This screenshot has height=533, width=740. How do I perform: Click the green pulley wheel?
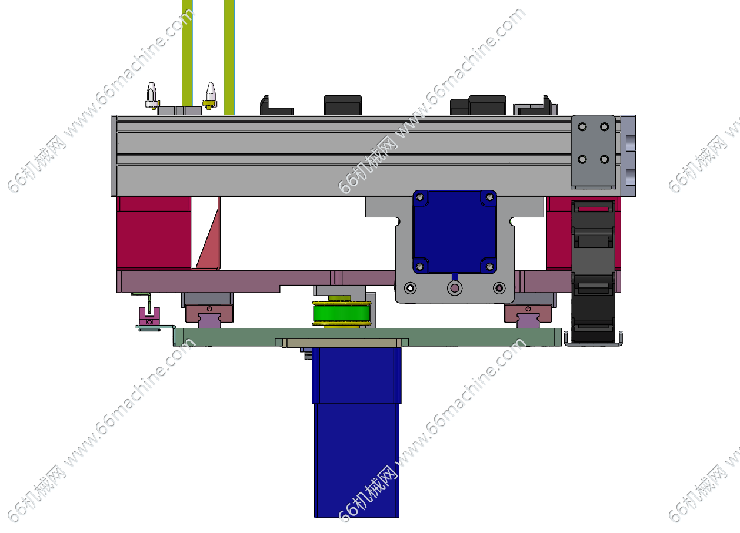342,313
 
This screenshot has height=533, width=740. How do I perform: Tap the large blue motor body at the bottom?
357,433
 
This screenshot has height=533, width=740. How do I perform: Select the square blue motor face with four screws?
455,232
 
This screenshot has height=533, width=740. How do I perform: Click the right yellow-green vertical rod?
229,57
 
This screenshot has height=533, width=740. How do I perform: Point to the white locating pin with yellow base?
211,95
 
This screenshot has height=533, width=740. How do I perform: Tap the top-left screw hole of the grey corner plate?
582,127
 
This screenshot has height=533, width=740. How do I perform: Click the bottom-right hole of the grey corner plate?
605,159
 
